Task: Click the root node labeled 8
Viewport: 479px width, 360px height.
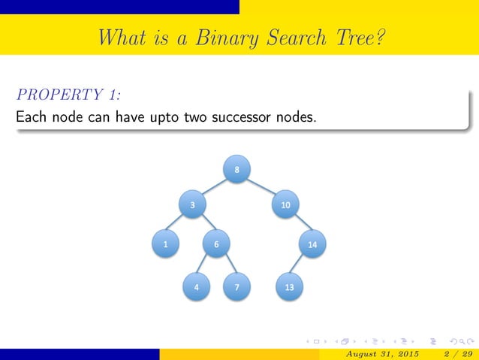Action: click(x=236, y=170)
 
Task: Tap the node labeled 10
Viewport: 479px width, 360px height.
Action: click(x=285, y=204)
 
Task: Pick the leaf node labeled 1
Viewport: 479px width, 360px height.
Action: click(x=164, y=244)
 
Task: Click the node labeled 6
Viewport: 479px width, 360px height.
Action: click(x=216, y=244)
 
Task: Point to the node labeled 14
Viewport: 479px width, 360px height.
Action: click(x=312, y=244)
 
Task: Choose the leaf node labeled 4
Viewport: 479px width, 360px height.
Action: click(x=196, y=287)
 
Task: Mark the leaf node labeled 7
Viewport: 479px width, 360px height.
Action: click(x=236, y=287)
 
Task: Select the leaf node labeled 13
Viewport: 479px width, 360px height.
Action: click(x=289, y=287)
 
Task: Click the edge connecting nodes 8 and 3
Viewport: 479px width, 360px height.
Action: click(x=215, y=187)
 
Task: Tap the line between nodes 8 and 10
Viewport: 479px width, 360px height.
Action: click(x=261, y=187)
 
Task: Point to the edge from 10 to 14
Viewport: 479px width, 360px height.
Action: click(x=299, y=224)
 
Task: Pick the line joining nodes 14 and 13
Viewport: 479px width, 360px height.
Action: click(x=300, y=265)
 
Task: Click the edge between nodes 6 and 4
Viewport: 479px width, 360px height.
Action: click(x=206, y=265)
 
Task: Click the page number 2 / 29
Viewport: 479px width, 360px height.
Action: click(x=456, y=354)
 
